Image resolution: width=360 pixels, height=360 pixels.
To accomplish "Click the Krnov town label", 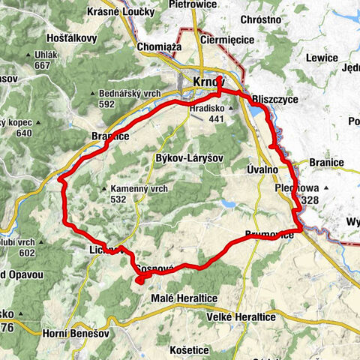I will (x=208, y=80).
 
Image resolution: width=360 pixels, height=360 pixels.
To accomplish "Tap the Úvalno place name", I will (x=262, y=170).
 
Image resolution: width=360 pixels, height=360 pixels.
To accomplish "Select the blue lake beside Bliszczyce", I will (x=259, y=112).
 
